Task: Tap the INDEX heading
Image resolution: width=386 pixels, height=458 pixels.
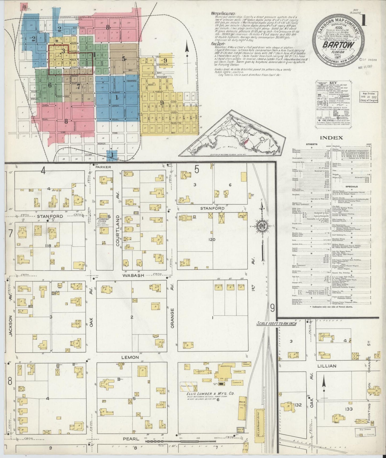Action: [331, 138]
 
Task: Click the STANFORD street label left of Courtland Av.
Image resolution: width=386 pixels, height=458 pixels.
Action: [54, 216]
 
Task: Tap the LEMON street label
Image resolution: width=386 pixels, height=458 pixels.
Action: [130, 357]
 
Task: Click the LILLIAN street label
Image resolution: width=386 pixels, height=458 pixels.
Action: [327, 366]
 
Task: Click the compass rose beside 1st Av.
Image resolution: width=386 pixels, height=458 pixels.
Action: [261, 226]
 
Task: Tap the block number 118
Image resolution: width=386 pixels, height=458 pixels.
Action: [48, 246]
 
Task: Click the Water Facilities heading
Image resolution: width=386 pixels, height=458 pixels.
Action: [223, 13]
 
